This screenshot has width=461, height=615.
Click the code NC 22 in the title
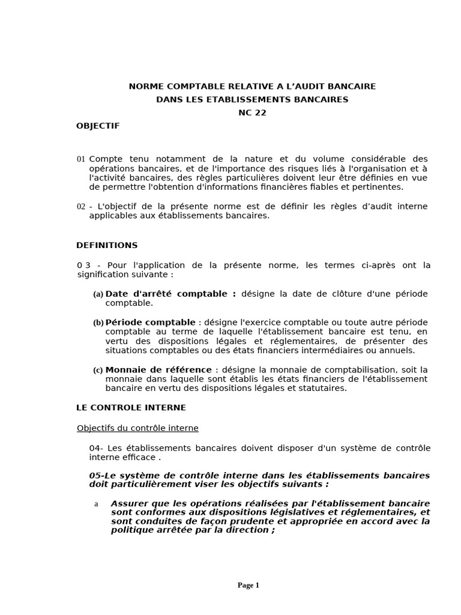252,112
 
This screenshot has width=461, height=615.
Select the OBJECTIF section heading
98,126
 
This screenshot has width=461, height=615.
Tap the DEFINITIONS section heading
107,245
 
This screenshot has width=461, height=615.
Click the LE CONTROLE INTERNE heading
131,407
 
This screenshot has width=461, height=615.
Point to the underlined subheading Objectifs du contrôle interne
137,428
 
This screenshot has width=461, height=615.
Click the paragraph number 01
81,159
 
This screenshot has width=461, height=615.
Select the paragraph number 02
81,207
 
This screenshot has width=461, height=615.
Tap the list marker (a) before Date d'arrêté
98,294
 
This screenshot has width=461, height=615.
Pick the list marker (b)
98,323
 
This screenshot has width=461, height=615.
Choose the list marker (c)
98,370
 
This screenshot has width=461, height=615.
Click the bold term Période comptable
150,322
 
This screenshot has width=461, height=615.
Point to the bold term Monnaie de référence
158,369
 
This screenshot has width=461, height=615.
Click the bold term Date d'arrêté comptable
170,294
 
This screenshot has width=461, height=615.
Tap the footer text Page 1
248,586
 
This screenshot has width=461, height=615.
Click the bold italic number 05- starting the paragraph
97,475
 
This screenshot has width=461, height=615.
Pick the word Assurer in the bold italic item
128,503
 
